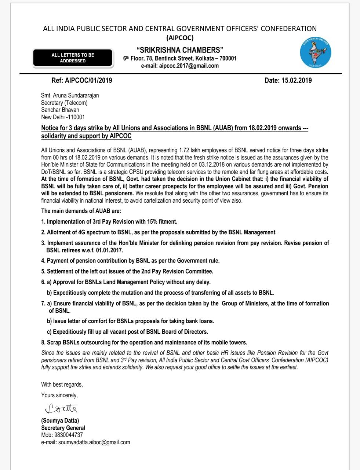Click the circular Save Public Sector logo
[316, 53]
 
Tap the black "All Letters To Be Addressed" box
[73, 58]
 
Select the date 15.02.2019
[297, 80]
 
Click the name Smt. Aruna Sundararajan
[70, 95]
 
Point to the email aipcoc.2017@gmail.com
[180, 66]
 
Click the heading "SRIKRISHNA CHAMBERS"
[180, 50]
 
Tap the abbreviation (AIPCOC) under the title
[180, 37]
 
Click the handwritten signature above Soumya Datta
[61, 408]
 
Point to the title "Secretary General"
[63, 428]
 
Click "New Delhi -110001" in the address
[63, 117]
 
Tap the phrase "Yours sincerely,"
[59, 395]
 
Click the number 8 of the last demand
[43, 342]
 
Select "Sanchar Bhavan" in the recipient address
[60, 110]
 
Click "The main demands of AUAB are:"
[81, 211]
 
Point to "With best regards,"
[62, 384]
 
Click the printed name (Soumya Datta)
[60, 420]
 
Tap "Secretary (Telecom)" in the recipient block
[64, 103]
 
